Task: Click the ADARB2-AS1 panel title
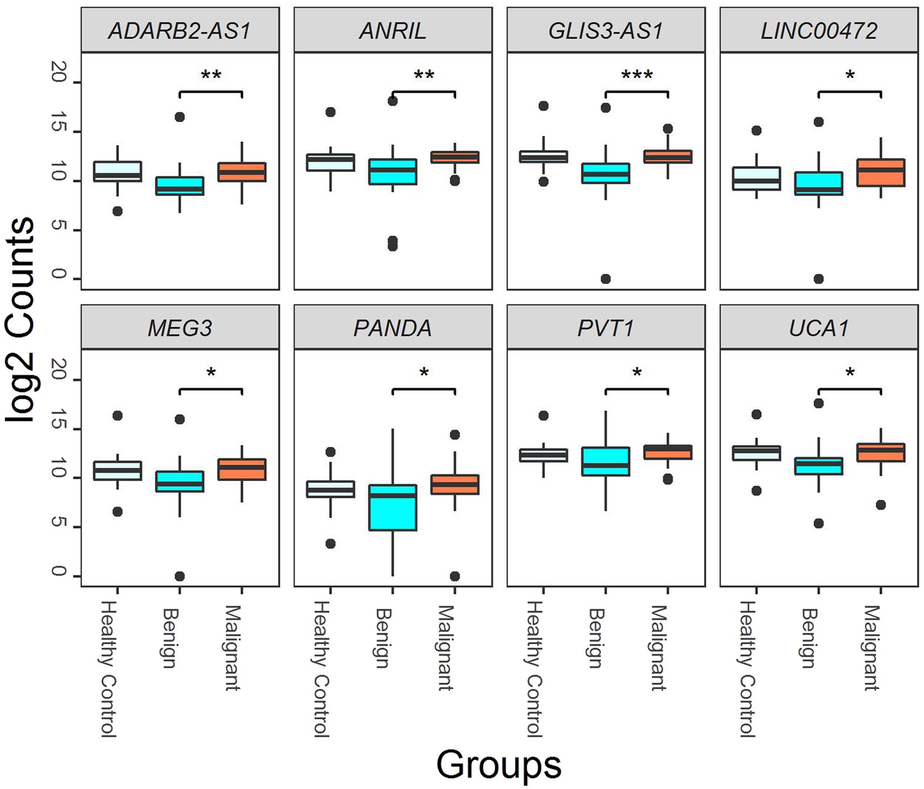point(180,31)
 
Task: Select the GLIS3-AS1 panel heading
point(605,31)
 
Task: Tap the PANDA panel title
point(392,328)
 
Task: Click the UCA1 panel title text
point(818,328)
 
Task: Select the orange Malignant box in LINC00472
point(881,172)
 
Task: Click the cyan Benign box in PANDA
point(392,507)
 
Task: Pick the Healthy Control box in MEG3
point(117,470)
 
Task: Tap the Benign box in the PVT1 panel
point(605,462)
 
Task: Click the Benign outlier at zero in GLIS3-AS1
point(605,279)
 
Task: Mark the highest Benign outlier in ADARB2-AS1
point(180,117)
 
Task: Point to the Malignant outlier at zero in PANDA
point(455,576)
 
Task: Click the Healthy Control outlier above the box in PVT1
point(543,415)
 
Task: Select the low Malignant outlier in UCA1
point(881,504)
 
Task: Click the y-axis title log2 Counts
point(20,320)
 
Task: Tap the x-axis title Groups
point(498,765)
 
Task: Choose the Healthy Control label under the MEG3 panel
point(109,669)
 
